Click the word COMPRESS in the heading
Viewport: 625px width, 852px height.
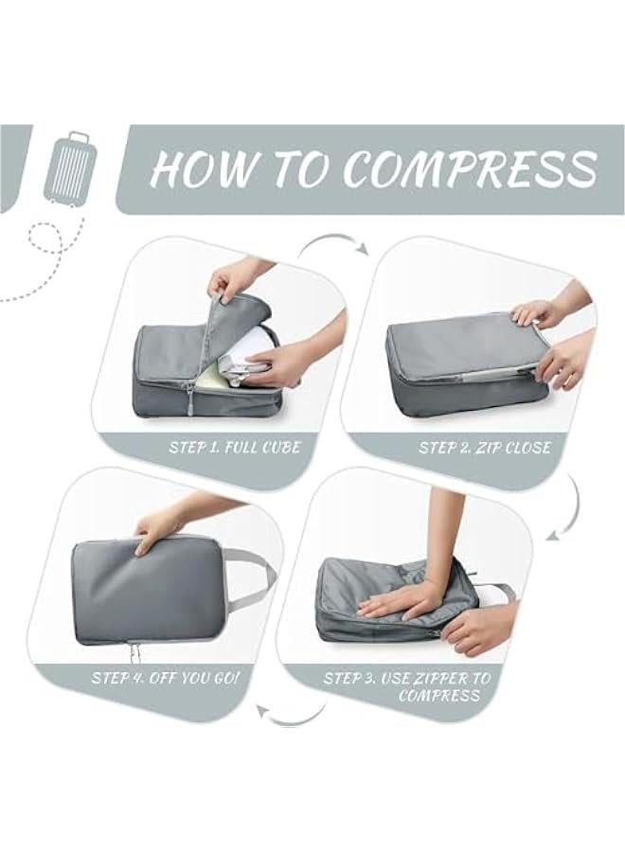point(470,169)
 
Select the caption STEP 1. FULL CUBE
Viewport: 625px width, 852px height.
point(234,447)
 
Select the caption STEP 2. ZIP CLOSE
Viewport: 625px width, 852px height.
point(484,447)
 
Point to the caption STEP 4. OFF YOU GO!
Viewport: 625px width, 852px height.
point(166,678)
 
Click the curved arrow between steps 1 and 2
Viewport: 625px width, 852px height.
point(333,244)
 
